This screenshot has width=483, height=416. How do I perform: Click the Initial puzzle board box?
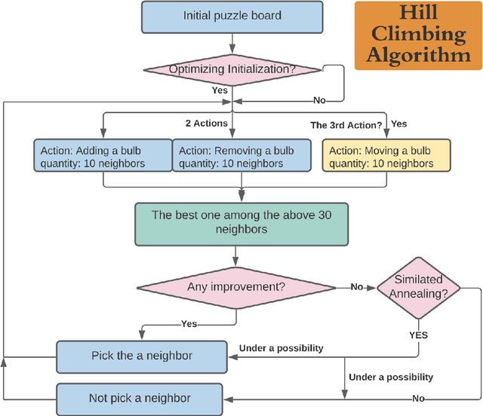tap(232, 17)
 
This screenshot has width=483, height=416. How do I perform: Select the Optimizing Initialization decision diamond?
tap(232, 69)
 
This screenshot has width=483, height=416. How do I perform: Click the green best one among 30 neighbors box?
tap(241, 223)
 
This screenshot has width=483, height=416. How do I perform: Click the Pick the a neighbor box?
tap(141, 356)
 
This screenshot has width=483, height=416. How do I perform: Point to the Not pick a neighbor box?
tap(141, 397)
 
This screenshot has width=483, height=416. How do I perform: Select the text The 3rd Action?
tap(346, 124)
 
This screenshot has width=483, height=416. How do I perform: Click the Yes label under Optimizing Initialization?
tap(220, 89)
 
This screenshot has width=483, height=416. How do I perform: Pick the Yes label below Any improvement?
tap(189, 324)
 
